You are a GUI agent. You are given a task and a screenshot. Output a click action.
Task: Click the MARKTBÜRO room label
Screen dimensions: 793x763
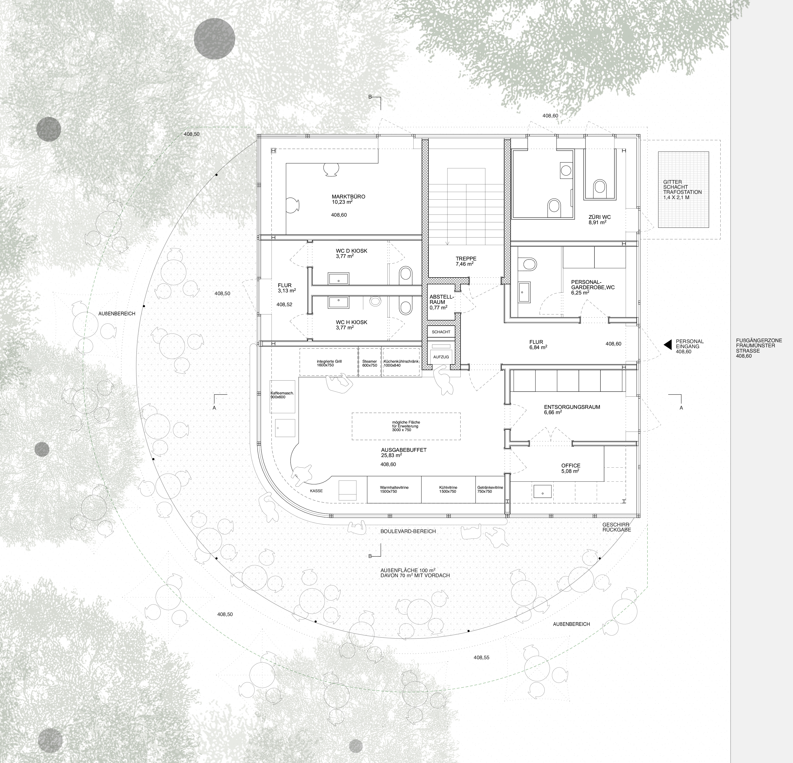tap(348, 197)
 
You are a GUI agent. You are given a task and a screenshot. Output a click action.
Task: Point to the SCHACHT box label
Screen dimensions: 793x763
tap(441, 332)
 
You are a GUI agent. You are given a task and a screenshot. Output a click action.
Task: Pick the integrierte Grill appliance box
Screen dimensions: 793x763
tap(329, 362)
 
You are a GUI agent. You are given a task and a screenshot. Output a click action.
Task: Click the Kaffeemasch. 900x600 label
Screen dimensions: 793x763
tap(282, 395)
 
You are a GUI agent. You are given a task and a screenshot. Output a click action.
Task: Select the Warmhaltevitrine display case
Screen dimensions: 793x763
tap(394, 489)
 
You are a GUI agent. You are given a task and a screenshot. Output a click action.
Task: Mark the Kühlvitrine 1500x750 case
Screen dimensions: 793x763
tap(448, 489)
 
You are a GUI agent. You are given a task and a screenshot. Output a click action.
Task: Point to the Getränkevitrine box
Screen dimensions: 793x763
tap(490, 489)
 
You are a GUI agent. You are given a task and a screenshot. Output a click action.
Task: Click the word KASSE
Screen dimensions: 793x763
tap(316, 491)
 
